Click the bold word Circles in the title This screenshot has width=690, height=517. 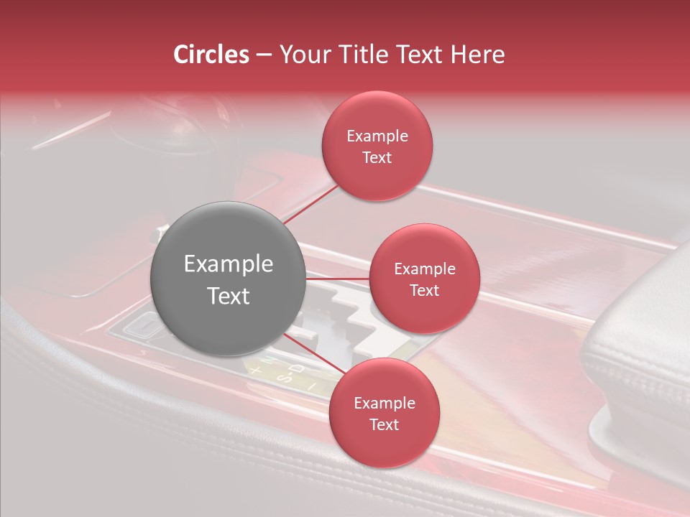(211, 55)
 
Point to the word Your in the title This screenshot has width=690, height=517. (305, 55)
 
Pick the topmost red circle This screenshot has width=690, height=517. (377, 146)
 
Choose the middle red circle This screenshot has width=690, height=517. (424, 279)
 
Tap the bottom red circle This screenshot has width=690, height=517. (384, 414)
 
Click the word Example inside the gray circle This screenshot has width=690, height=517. (228, 264)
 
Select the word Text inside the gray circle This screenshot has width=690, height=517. (228, 296)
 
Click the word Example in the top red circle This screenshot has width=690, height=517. (377, 136)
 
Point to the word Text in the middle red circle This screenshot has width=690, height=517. (424, 290)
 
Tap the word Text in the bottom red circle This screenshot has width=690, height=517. (384, 424)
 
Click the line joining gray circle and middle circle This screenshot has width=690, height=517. (337, 279)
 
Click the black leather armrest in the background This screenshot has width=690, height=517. (640, 359)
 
